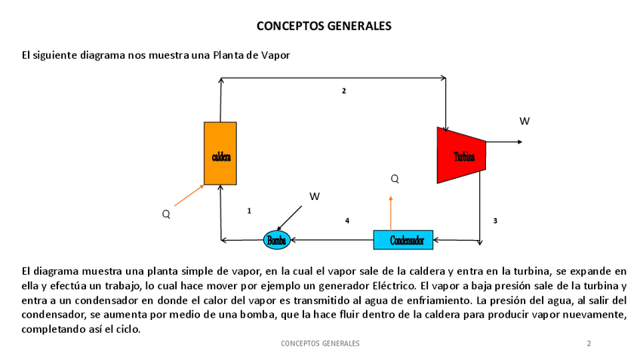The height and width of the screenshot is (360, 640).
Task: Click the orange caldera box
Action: (220, 153)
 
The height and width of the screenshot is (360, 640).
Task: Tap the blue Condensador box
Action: (403, 240)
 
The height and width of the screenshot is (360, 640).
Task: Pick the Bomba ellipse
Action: (276, 240)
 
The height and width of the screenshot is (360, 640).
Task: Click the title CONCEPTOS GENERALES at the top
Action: (324, 26)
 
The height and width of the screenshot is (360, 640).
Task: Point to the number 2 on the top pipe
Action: (343, 91)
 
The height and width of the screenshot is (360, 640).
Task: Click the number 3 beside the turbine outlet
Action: (495, 220)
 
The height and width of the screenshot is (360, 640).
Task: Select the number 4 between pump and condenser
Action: (347, 220)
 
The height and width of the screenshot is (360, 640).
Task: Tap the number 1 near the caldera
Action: (249, 211)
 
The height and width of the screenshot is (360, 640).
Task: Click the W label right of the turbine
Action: (525, 121)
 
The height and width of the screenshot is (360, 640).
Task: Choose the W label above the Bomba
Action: (315, 196)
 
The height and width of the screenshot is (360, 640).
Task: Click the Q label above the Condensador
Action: (394, 179)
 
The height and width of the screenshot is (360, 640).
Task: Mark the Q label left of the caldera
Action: (166, 214)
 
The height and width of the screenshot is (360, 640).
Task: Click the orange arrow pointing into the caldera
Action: (189, 195)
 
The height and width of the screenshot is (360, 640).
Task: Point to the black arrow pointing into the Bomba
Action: (292, 218)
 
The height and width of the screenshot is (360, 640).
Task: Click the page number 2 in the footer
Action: (589, 343)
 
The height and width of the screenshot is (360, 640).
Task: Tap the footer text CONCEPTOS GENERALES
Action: (320, 343)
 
